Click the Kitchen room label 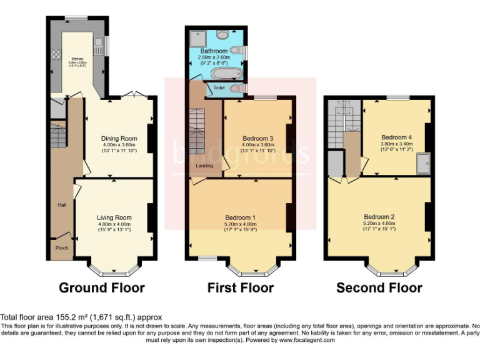[77, 57]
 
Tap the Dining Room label [119, 139]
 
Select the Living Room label [114, 217]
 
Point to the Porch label [62, 247]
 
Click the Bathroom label [214, 51]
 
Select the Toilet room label [219, 88]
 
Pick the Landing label [204, 166]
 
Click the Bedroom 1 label [240, 217]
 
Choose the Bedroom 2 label [379, 217]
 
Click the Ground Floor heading [102, 288]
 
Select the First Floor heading [241, 288]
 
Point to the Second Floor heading [379, 288]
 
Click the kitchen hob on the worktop [56, 54]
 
